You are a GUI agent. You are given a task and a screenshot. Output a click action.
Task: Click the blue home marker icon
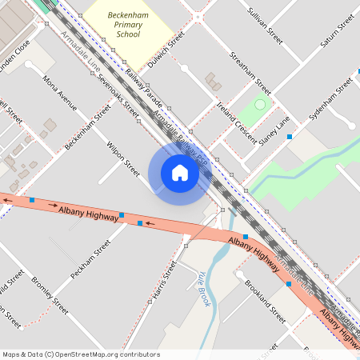coord(179,173)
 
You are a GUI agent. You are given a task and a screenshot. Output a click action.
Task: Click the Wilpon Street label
coord(123,155)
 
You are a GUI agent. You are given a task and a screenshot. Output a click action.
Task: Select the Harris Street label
coord(163,283)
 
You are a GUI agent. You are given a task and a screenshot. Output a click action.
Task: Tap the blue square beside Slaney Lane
coord(290,137)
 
